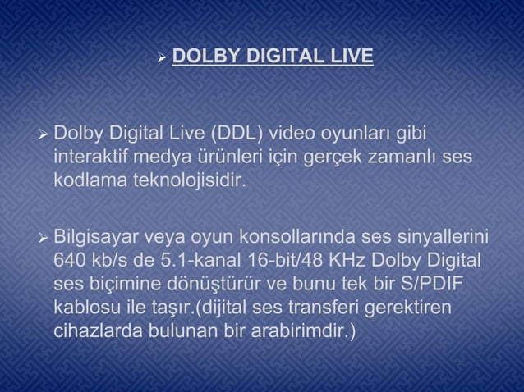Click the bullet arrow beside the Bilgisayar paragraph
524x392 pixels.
44,239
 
